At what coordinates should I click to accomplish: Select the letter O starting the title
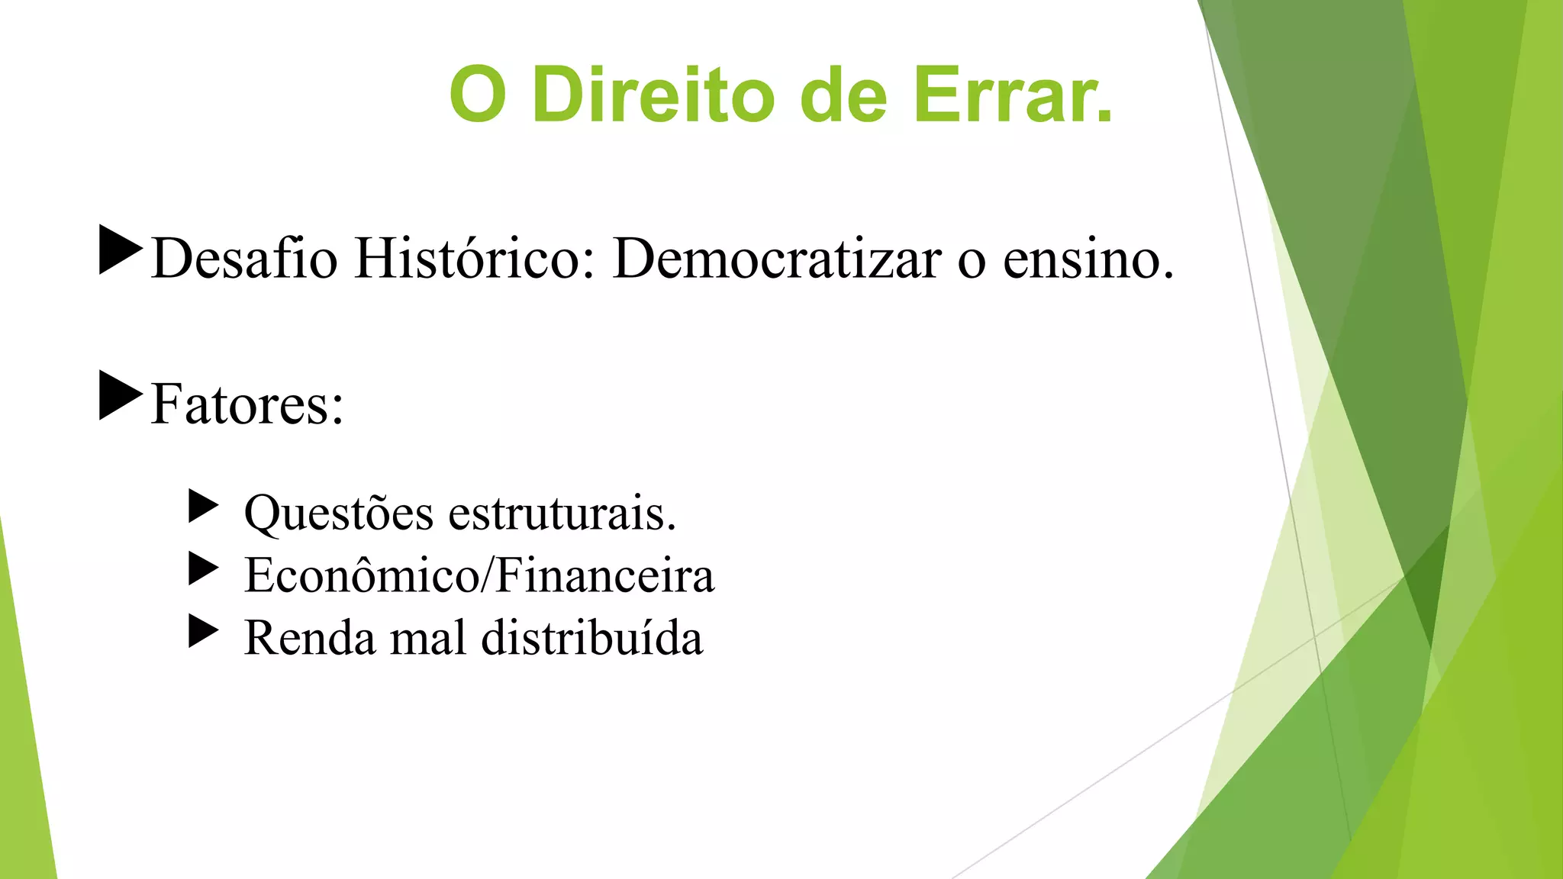tap(478, 95)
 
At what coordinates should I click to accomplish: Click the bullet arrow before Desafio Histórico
tap(121, 250)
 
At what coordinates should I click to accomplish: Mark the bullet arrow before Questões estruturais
tap(203, 507)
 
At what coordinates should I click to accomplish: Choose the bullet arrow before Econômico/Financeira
tap(203, 568)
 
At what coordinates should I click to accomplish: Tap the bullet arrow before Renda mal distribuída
tap(203, 631)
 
